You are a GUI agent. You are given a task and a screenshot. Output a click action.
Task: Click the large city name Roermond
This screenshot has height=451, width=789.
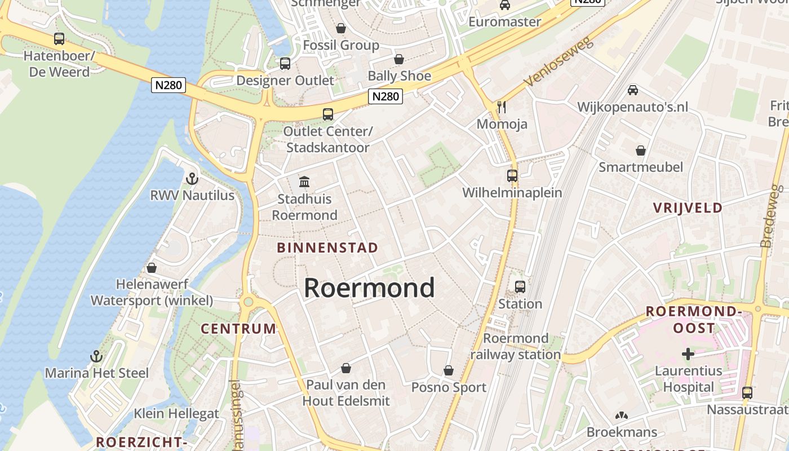coord(369,288)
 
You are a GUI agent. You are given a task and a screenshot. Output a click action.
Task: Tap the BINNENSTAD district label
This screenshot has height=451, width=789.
coord(327,247)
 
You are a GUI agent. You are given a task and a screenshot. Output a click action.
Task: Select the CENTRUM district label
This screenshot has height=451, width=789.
coord(238,329)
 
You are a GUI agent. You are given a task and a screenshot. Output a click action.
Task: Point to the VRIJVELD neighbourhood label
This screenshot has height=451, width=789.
coord(688,207)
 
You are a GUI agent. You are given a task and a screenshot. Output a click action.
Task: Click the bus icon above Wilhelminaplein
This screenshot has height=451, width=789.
coord(512,176)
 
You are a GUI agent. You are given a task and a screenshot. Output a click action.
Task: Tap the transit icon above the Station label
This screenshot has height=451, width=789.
coord(520,287)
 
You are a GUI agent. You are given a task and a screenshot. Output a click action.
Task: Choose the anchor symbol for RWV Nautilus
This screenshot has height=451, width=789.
coord(192,179)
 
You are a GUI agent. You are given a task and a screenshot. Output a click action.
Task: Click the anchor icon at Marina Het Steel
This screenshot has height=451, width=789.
coord(96,356)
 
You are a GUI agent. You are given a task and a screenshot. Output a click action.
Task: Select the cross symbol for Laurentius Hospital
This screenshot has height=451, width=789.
coord(688,354)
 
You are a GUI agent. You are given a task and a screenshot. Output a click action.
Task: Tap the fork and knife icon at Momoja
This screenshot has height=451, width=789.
coord(502,107)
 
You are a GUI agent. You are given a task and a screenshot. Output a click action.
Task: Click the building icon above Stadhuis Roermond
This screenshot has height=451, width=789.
coord(304,182)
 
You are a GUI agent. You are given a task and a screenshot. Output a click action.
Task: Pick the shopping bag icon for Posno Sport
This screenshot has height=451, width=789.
coord(448,370)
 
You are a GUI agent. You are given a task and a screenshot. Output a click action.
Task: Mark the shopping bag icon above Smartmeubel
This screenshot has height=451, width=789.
coord(640,151)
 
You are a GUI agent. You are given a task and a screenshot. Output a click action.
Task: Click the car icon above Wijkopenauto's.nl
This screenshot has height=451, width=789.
coord(632,90)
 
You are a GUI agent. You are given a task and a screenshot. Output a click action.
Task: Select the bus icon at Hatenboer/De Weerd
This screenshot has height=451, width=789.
coord(59,39)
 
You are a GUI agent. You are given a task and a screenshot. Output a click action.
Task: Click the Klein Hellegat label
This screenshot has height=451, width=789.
coord(176,413)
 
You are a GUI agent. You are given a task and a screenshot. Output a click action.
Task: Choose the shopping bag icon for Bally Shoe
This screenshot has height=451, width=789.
coord(399,59)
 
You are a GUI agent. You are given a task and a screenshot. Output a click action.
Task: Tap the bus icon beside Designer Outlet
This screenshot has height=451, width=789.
coord(285,64)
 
